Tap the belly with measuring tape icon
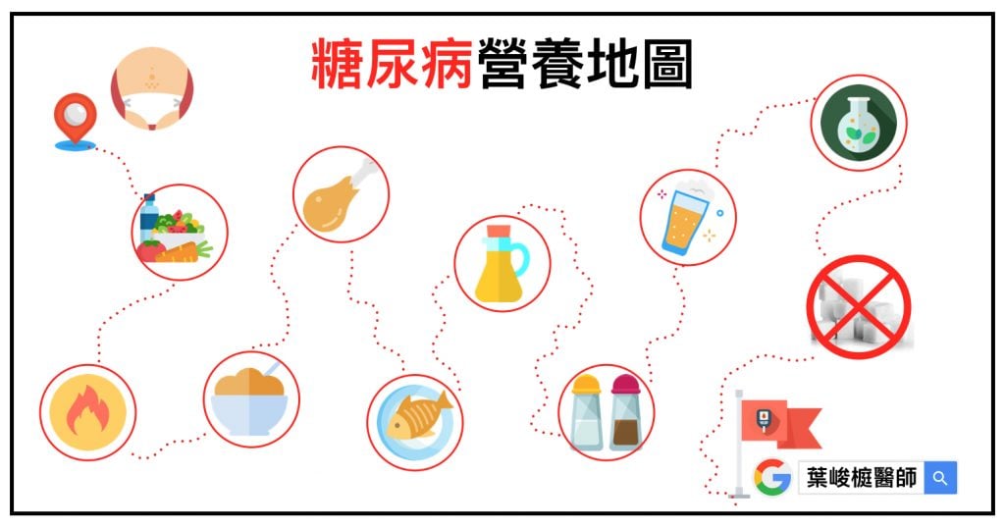tap(152, 88)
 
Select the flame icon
tap(87, 412)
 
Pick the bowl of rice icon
tap(249, 401)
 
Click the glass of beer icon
tap(688, 218)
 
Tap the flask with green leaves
tap(859, 123)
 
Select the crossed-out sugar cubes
tap(859, 306)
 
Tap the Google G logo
tap(772, 477)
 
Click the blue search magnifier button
tap(940, 477)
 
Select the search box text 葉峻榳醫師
tap(862, 478)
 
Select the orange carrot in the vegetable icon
tap(184, 253)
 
